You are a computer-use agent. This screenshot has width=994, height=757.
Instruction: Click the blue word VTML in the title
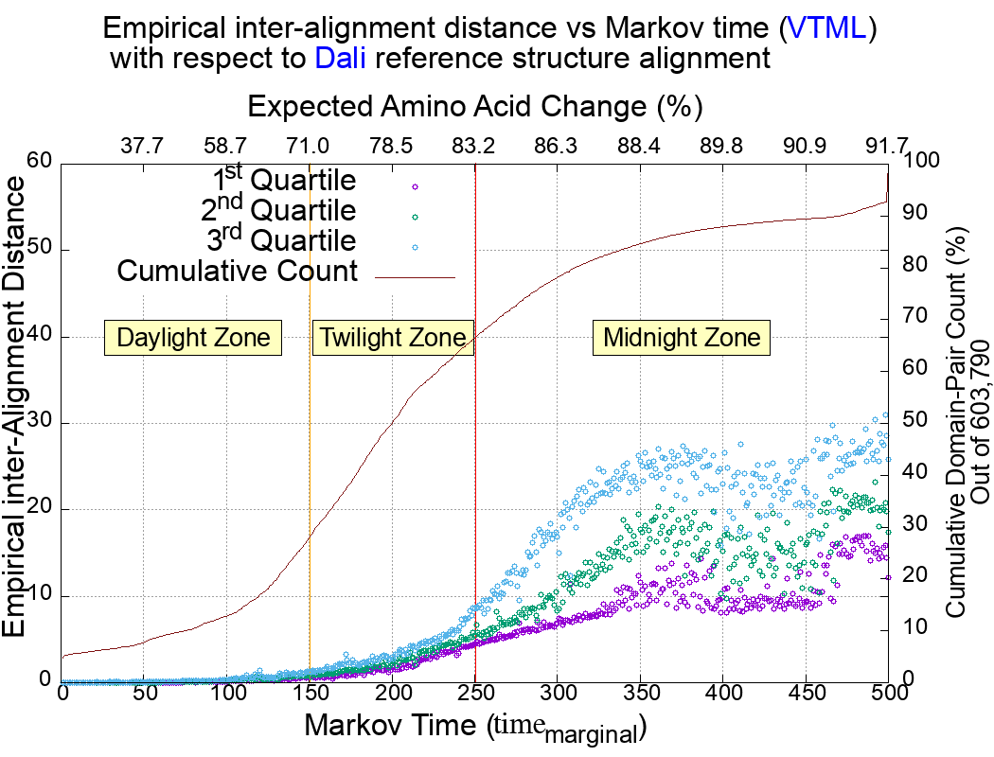pyautogui.click(x=827, y=27)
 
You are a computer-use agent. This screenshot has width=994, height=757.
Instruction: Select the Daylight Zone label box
pyautogui.click(x=194, y=338)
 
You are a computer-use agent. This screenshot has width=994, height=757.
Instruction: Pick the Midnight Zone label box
pyautogui.click(x=682, y=338)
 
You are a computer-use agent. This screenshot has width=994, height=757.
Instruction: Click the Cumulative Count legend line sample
pyautogui.click(x=416, y=277)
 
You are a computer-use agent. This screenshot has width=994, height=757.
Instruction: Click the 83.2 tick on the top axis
pyautogui.click(x=473, y=146)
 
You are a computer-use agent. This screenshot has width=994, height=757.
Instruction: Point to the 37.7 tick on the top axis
pyautogui.click(x=143, y=146)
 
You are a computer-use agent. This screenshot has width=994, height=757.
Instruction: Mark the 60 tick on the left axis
pyautogui.click(x=39, y=162)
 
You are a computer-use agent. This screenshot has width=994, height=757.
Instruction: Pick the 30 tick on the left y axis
pyautogui.click(x=39, y=423)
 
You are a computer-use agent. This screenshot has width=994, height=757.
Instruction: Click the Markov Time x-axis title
pyautogui.click(x=474, y=727)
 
